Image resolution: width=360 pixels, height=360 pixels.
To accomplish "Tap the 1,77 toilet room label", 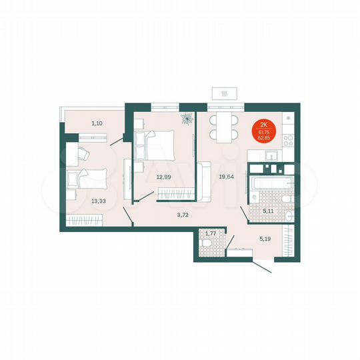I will coord(211,233).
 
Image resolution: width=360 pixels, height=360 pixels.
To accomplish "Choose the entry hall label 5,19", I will coord(265,237).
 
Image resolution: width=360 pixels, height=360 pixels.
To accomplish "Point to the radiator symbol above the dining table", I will coord(225,94).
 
